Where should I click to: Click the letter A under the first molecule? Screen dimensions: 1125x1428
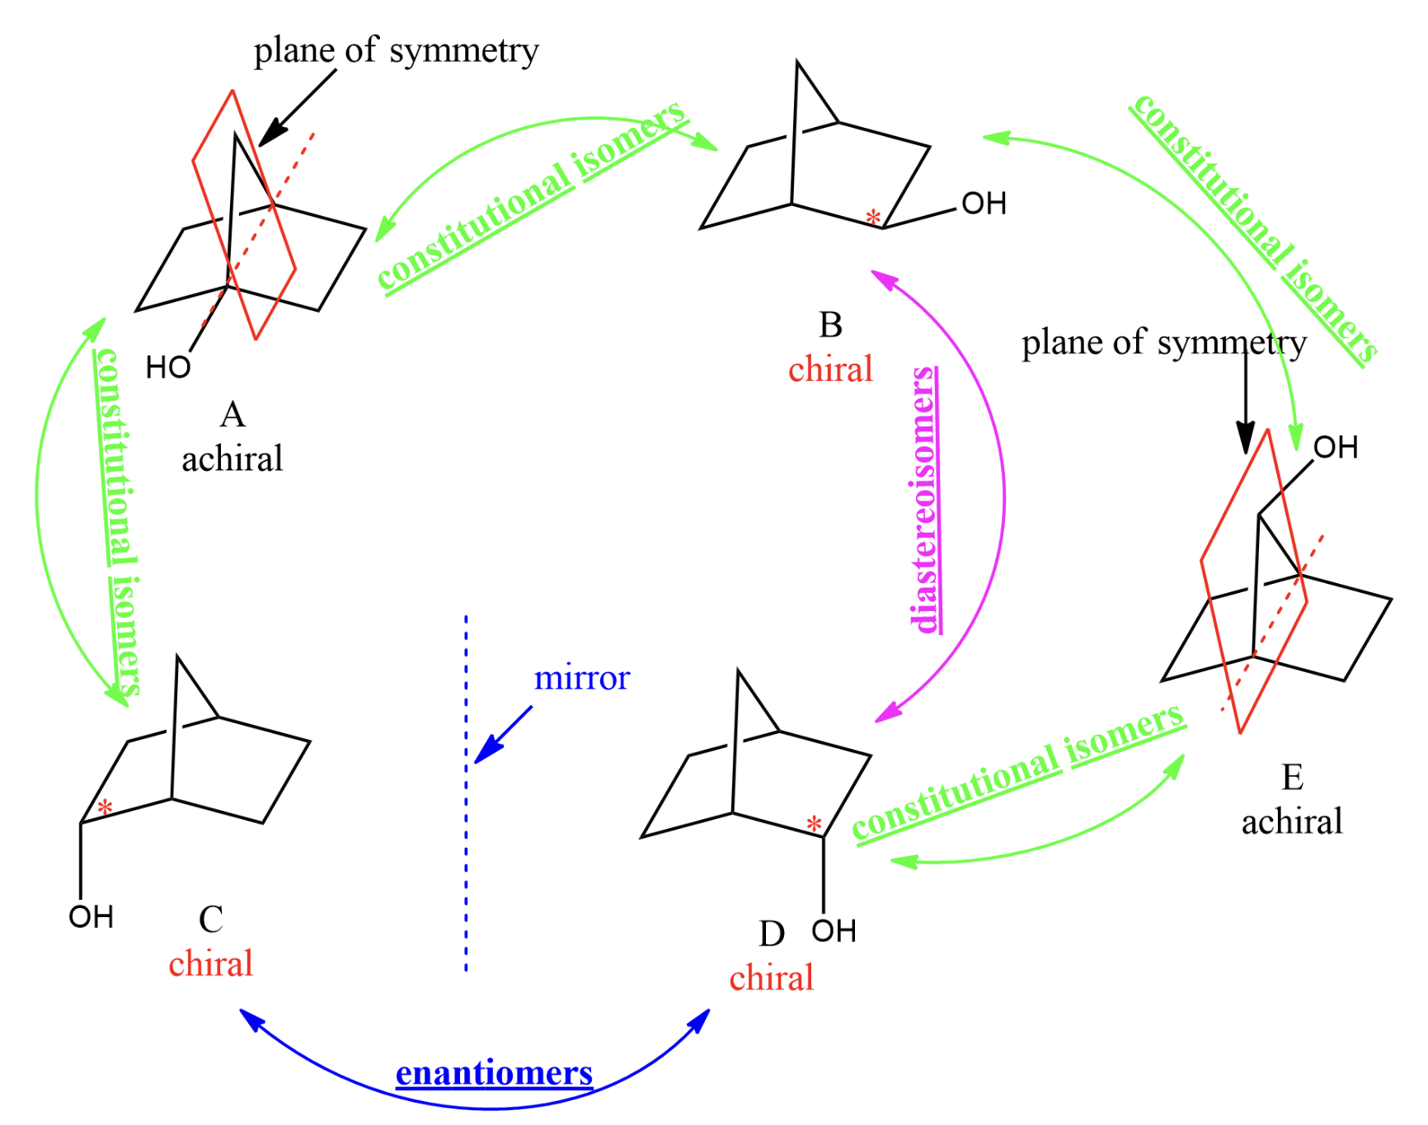[233, 415]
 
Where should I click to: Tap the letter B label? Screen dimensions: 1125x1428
[830, 325]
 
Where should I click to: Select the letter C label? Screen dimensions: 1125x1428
[211, 919]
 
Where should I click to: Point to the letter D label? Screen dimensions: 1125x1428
[772, 934]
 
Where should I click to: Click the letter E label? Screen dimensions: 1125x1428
[1292, 778]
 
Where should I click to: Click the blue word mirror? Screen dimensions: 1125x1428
[582, 678]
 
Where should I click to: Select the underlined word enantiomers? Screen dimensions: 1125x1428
[494, 1073]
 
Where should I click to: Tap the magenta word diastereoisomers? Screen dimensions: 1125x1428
[925, 500]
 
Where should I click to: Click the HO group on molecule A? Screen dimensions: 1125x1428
[168, 368]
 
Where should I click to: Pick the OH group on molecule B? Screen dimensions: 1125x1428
[984, 204]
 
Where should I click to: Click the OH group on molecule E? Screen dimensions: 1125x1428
[1335, 448]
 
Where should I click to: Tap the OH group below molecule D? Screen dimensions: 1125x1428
[834, 931]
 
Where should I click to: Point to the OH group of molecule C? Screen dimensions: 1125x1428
[91, 917]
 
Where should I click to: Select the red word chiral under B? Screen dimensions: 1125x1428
[830, 370]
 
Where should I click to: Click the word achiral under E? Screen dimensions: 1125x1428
[1292, 822]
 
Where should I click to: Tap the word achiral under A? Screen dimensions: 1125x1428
[233, 459]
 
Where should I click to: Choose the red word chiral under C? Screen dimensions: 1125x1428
[211, 963]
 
